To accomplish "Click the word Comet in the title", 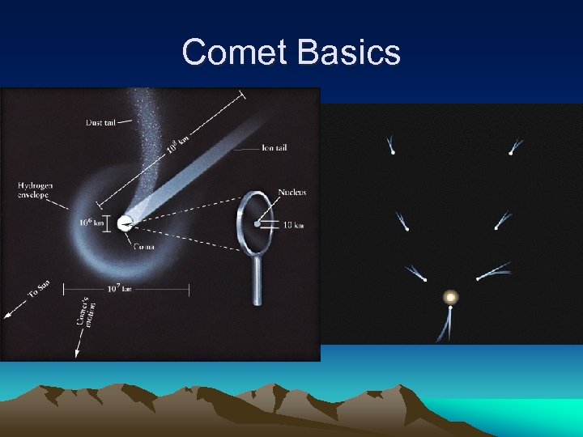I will pyautogui.click(x=236, y=53).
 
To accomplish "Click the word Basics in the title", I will pyautogui.click(x=349, y=53).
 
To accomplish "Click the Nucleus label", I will pyautogui.click(x=292, y=193).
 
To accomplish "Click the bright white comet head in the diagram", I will pyautogui.click(x=124, y=223).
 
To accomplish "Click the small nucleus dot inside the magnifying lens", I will pyautogui.click(x=257, y=223).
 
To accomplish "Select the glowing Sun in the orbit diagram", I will pyautogui.click(x=449, y=297).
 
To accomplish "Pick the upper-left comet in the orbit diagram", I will pyautogui.click(x=392, y=150).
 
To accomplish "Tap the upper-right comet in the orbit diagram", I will pyautogui.click(x=512, y=151).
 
